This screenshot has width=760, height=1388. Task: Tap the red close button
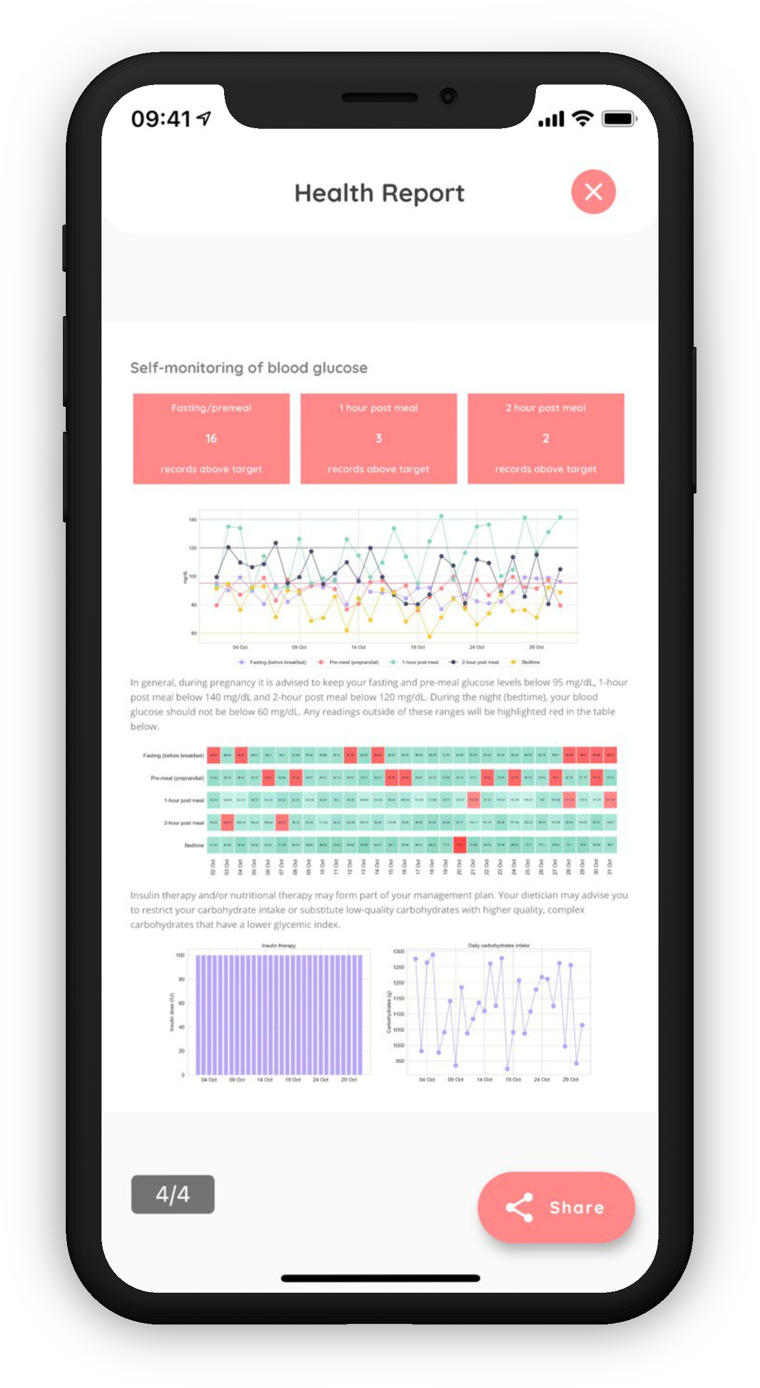(x=593, y=192)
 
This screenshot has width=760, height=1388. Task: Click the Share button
(x=556, y=1207)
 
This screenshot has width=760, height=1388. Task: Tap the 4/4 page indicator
(x=172, y=1194)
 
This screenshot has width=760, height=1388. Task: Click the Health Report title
(x=379, y=193)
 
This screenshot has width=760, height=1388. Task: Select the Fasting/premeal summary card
(x=211, y=438)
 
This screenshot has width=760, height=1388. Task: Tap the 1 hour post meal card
(x=378, y=438)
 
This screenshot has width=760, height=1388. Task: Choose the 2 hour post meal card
(x=546, y=438)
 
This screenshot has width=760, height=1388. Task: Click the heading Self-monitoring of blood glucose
(x=249, y=368)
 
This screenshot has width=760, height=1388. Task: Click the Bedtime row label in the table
(x=194, y=845)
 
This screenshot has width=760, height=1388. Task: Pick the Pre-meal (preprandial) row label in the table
(x=177, y=778)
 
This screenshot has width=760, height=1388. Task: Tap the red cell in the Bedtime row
(x=459, y=845)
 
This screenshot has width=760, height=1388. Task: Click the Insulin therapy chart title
(x=278, y=946)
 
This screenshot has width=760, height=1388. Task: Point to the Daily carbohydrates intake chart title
(x=499, y=946)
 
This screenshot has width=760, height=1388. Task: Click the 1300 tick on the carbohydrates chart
(x=399, y=951)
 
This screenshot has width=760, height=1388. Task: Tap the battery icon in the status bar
(x=619, y=119)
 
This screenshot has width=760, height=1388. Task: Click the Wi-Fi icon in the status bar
(x=582, y=119)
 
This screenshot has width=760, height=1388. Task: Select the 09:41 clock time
(x=161, y=119)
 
